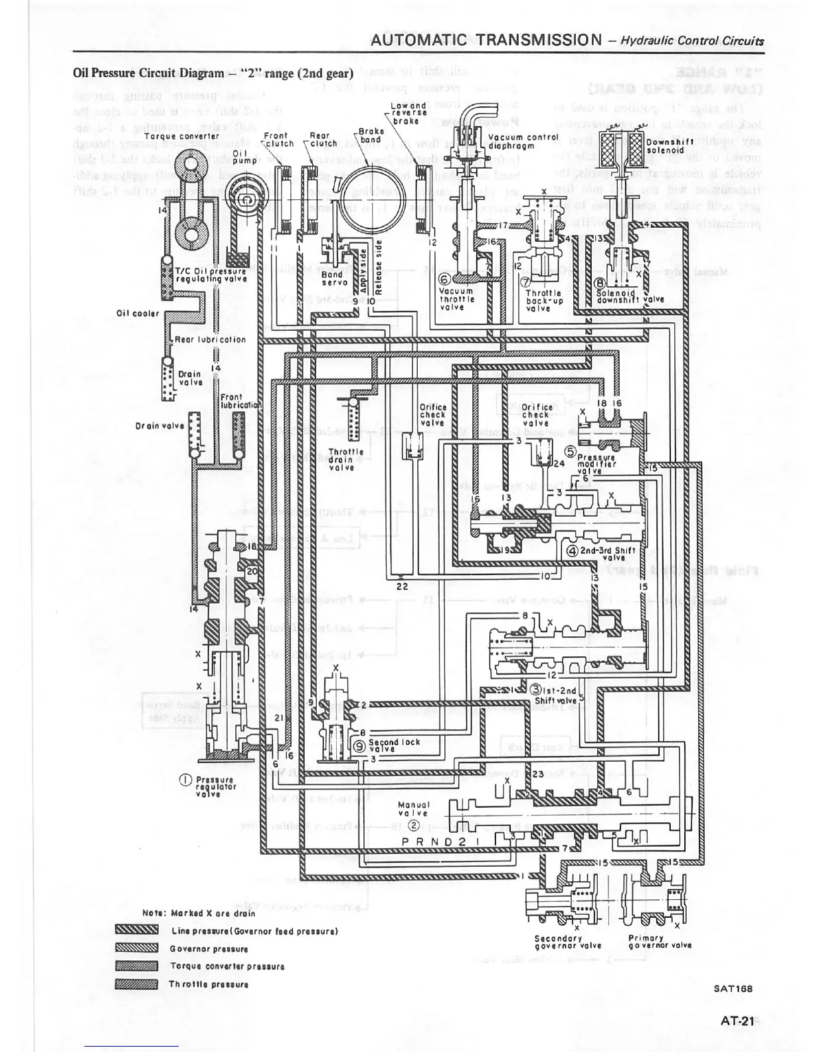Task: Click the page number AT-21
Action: pos(737,1021)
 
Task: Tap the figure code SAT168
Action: pos(733,988)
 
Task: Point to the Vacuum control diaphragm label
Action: pos(520,141)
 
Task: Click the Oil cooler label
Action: pos(138,313)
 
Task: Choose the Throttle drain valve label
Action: pos(346,459)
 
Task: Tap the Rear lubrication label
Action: pos(210,339)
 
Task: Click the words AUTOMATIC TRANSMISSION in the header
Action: pos(486,40)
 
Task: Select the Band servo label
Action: pos(332,278)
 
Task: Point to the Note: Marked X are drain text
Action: pos(199,913)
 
